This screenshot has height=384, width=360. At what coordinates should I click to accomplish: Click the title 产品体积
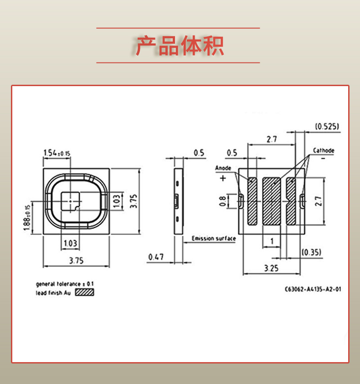point(180,45)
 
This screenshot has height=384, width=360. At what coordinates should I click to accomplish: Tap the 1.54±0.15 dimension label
point(57,153)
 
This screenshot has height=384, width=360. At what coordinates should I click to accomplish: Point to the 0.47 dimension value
point(156,257)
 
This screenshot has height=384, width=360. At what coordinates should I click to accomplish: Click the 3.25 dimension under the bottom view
point(271,268)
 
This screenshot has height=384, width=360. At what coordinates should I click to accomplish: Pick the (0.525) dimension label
point(327,126)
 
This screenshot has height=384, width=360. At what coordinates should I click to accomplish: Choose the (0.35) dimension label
point(311,252)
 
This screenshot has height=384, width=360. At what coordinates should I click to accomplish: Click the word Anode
point(223,168)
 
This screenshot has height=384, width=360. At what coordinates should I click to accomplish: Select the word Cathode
point(324,150)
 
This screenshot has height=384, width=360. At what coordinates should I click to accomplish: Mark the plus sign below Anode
point(223,178)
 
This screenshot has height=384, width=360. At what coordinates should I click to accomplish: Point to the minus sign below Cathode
point(323,159)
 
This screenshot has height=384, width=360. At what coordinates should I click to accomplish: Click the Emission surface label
point(214,238)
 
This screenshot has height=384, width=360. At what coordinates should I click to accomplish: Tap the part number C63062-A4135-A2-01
point(313,289)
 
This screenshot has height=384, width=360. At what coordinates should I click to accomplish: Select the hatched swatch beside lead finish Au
point(84,292)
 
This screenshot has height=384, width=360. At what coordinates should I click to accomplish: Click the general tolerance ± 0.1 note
point(64,284)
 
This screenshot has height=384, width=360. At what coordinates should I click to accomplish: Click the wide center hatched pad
point(272,201)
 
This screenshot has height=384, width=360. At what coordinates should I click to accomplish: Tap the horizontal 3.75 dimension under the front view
point(77,261)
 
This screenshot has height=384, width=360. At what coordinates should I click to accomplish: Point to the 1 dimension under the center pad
point(272,241)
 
